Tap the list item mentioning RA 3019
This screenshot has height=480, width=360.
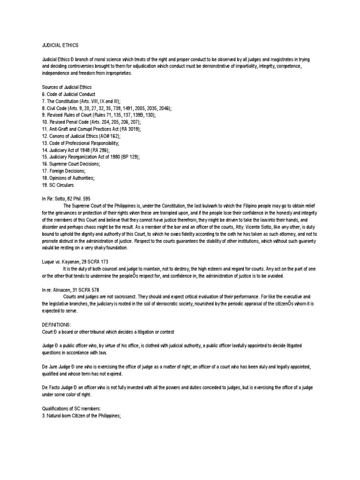pos(91,128)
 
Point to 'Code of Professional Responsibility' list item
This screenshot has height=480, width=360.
pos(80,142)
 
